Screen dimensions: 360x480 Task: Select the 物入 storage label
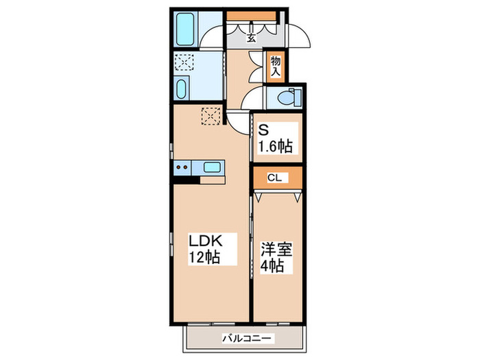pos(276,66)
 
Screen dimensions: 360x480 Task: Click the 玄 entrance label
pos(251,38)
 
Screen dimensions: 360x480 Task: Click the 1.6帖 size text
pos(277,145)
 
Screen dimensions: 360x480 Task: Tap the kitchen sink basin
pos(212,166)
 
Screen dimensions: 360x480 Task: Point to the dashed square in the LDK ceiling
pos(211,115)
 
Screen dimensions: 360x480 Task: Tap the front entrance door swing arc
pos(300,36)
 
